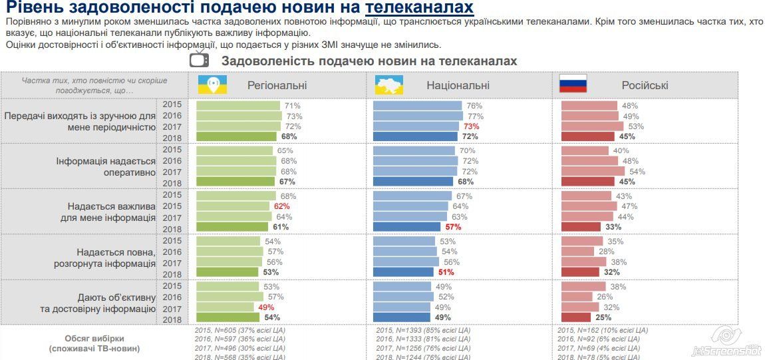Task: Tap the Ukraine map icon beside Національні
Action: tap(389, 85)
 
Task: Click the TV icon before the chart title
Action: tap(200, 60)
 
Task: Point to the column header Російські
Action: tap(645, 85)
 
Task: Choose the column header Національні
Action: tap(458, 85)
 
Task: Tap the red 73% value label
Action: tap(472, 126)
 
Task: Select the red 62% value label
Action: tap(282, 206)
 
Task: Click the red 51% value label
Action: tap(446, 272)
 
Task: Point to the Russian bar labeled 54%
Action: tap(593, 171)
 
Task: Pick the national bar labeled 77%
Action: tap(418, 116)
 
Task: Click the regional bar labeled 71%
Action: tap(238, 106)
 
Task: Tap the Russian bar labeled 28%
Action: tap(577, 252)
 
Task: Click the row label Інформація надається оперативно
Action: tap(106, 166)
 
